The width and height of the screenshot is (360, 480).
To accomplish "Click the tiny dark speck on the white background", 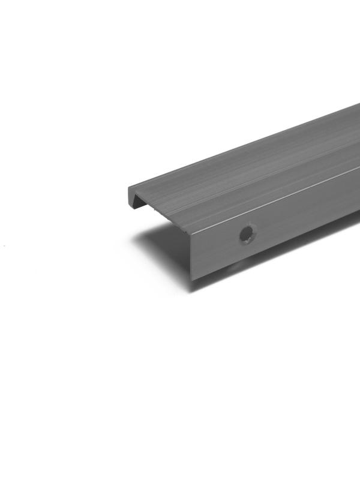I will click(4, 245).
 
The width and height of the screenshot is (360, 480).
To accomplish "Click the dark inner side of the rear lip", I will click(139, 202).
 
